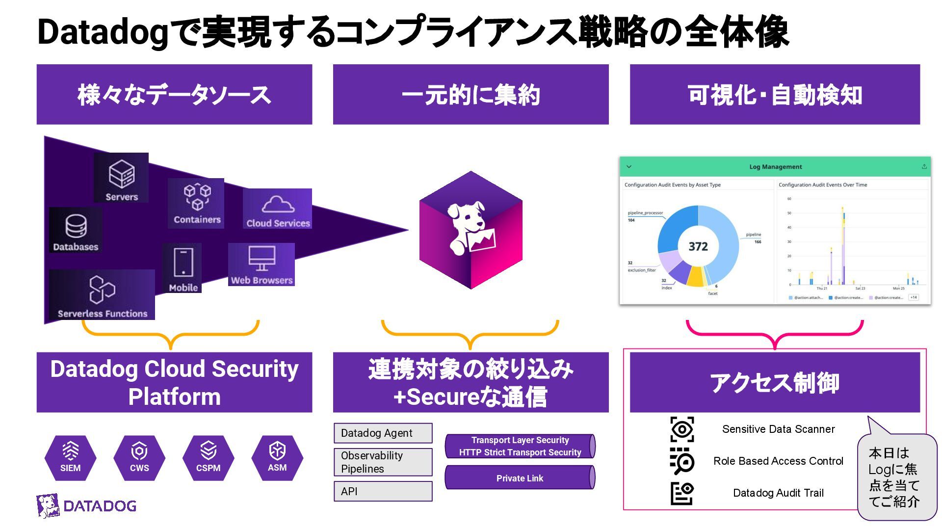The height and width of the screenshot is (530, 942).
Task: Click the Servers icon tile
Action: pyautogui.click(x=121, y=178)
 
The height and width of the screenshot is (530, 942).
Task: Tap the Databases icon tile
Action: pyautogui.click(x=76, y=230)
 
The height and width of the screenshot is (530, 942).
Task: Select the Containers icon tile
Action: pyautogui.click(x=196, y=203)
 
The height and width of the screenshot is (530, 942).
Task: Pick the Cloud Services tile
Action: pyautogui.click(x=278, y=209)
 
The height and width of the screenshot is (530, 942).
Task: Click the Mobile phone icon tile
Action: pyautogui.click(x=183, y=268)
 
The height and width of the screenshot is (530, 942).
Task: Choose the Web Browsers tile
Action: pyautogui.click(x=262, y=265)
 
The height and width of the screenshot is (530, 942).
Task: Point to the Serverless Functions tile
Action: pyautogui.click(x=102, y=294)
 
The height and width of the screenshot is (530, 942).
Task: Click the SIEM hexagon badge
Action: pyautogui.click(x=71, y=458)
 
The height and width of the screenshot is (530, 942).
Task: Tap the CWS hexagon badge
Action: pyautogui.click(x=139, y=458)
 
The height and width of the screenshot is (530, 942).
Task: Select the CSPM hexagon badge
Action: pyautogui.click(x=208, y=458)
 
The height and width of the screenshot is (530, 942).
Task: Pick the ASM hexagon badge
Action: pyautogui.click(x=277, y=458)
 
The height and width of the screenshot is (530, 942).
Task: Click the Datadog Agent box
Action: pyautogui.click(x=383, y=433)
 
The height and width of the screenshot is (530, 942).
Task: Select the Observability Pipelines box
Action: pyautogui.click(x=383, y=462)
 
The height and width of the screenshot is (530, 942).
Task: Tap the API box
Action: pyautogui.click(x=383, y=491)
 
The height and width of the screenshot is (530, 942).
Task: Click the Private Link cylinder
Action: pyautogui.click(x=520, y=478)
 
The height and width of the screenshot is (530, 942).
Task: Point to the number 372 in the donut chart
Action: pyautogui.click(x=698, y=246)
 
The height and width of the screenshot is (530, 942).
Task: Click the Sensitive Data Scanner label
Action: pyautogui.click(x=778, y=429)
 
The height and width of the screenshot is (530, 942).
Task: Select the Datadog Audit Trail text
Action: pyautogui.click(x=778, y=493)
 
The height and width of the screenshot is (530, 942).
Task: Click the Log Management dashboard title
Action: pyautogui.click(x=775, y=167)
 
